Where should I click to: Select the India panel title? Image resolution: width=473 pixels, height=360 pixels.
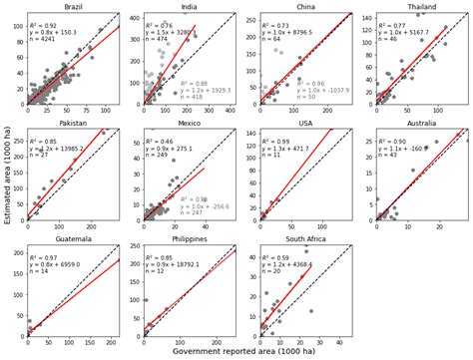coord(188,6)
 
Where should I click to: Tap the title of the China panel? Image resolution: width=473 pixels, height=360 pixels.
coord(304,6)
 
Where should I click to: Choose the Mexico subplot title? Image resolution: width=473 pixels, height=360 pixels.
coord(188,124)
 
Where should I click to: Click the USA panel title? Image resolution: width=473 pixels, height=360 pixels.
coord(304,124)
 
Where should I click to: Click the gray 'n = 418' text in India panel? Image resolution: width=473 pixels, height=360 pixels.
coord(193,98)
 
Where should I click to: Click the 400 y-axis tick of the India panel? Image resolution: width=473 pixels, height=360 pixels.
coord(137,18)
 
